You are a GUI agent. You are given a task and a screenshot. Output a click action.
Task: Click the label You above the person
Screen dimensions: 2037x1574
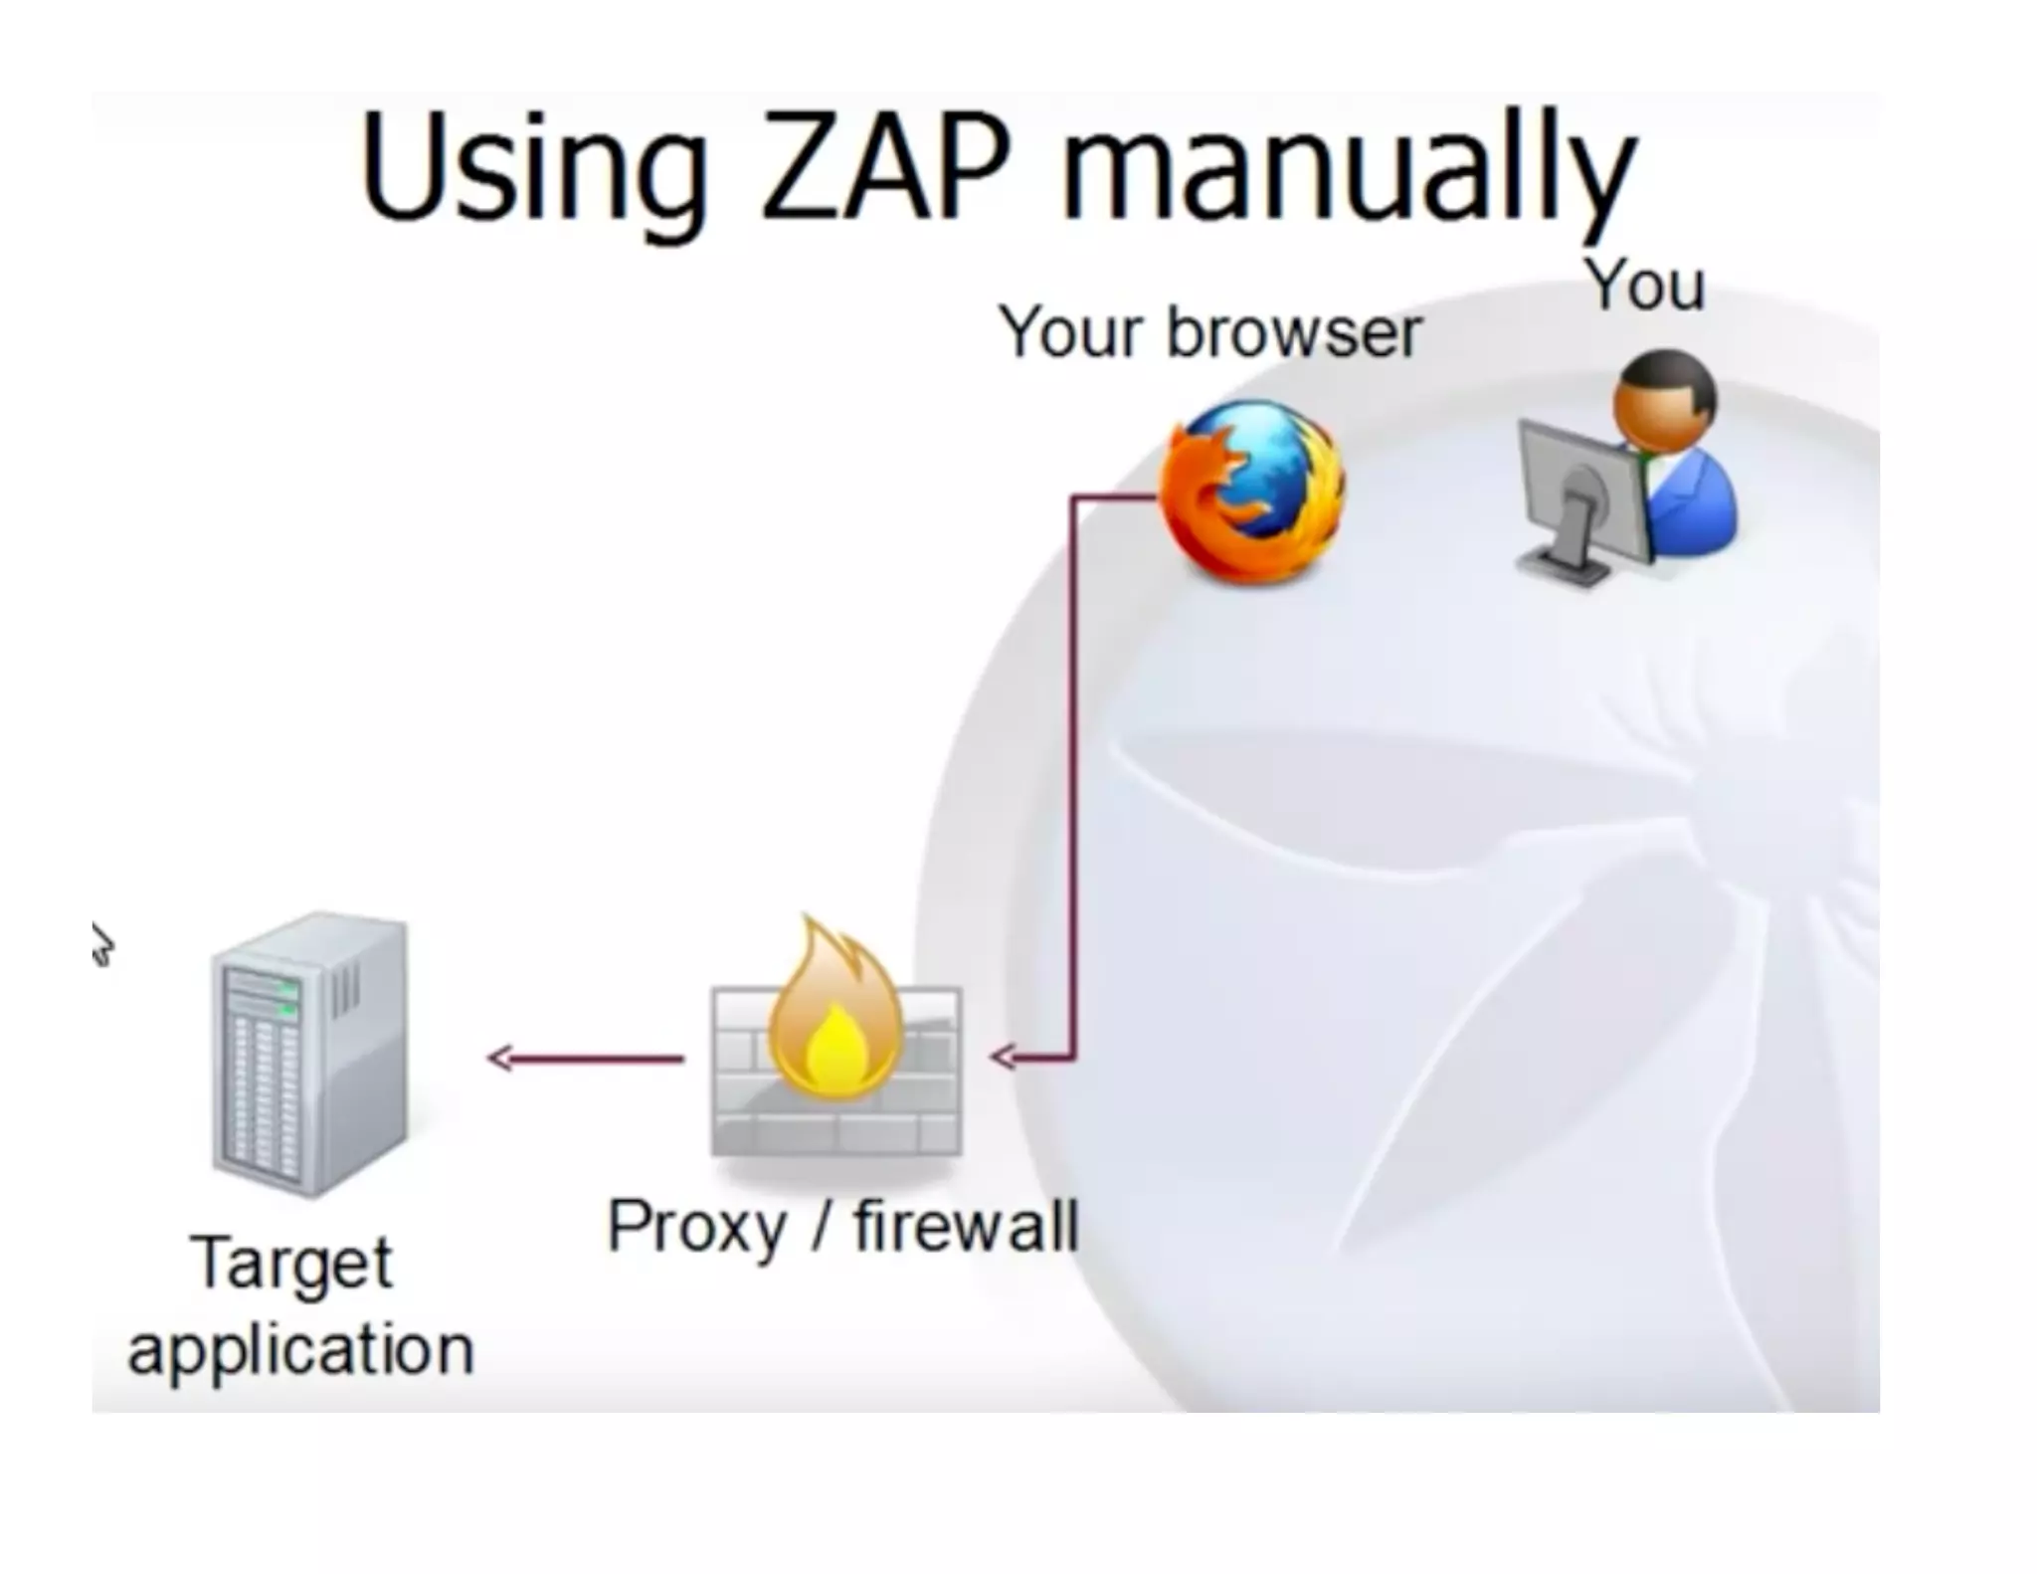[x=1644, y=285]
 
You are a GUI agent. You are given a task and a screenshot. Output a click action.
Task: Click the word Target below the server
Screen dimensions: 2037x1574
[x=291, y=1265]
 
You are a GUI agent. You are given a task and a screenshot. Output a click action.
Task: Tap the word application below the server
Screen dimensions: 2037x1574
[x=300, y=1351]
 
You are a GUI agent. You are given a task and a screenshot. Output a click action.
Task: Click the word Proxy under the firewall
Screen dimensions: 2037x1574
[x=696, y=1228]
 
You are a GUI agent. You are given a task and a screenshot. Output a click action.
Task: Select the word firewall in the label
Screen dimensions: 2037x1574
[x=965, y=1226]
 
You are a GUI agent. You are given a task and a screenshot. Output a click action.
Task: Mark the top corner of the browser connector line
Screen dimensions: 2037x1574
[x=1075, y=497]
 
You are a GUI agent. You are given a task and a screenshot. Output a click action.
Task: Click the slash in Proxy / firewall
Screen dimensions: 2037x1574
[x=821, y=1226]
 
